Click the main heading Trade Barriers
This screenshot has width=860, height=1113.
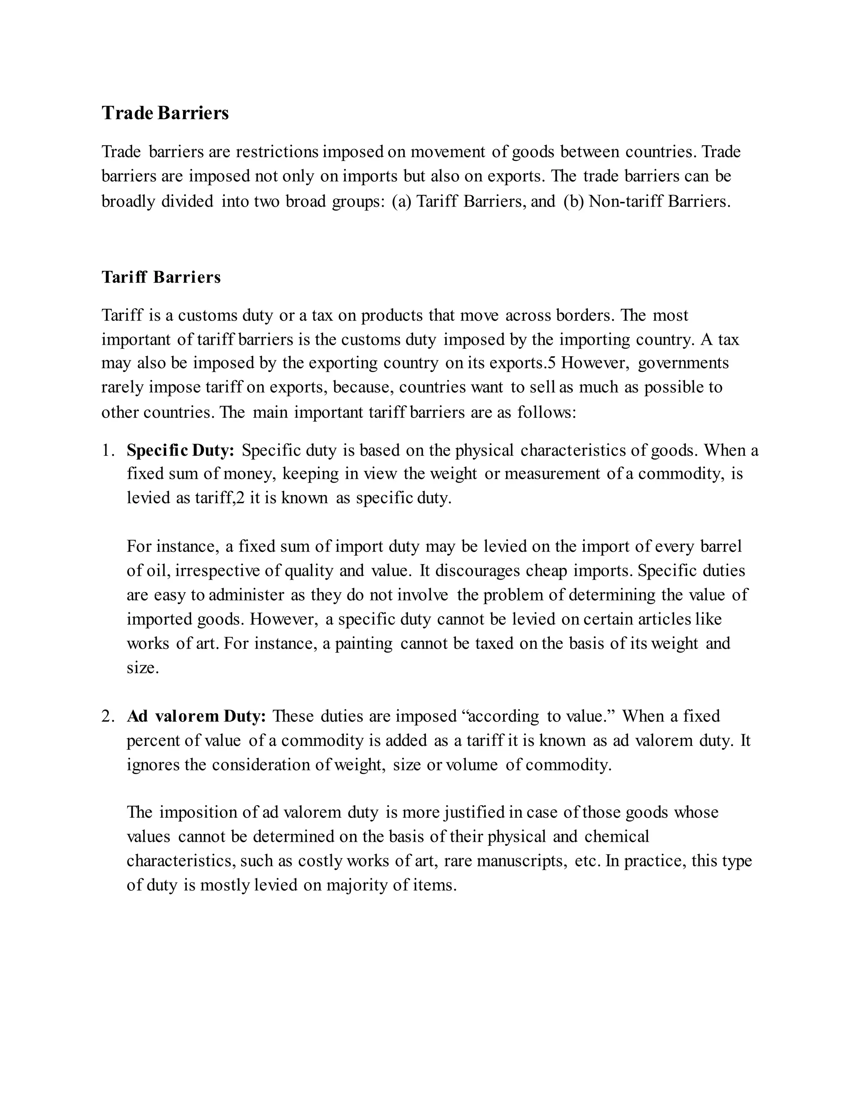[x=165, y=113]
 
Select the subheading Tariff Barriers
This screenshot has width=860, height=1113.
[x=161, y=277]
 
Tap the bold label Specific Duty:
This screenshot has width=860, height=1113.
[x=180, y=451]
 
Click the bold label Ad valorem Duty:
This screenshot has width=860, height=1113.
[x=196, y=717]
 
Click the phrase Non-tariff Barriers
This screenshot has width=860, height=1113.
[x=659, y=202]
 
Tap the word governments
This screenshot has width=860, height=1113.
[x=683, y=363]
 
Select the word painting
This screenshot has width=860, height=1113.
[x=363, y=643]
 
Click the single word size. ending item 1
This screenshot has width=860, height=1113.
[x=143, y=668]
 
